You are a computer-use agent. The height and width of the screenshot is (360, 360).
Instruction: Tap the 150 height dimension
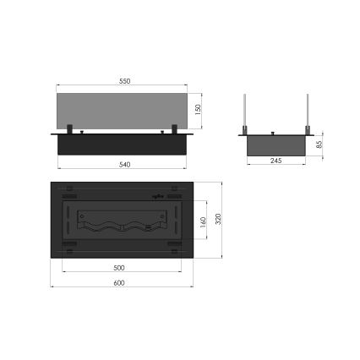(198, 110)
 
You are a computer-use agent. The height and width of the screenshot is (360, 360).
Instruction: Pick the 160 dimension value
(203, 223)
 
